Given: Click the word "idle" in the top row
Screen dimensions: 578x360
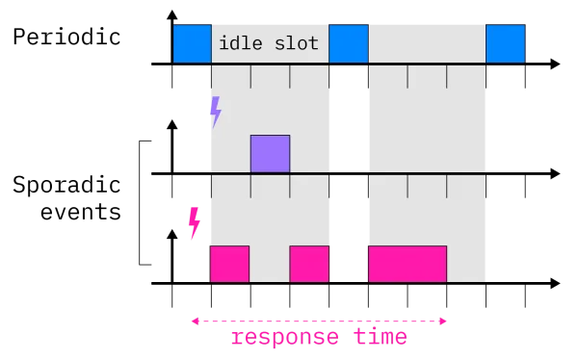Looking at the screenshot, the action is tap(238, 44).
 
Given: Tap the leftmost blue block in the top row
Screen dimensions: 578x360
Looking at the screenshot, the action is tap(192, 44).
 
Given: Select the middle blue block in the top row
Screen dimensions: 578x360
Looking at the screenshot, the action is tap(349, 44).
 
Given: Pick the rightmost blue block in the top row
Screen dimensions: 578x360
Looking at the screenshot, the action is tap(506, 44).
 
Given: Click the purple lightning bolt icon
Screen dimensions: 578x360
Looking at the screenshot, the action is tap(215, 112).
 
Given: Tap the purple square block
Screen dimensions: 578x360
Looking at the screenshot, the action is tap(270, 154).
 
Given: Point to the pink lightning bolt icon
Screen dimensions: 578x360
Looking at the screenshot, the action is tap(194, 221).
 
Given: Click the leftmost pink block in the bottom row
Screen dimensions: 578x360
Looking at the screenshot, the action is tap(229, 264).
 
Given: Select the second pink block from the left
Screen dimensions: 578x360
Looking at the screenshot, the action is tap(309, 264).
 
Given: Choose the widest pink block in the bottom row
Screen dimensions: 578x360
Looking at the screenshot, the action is tap(407, 264).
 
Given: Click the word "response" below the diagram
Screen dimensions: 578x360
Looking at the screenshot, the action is tap(285, 339).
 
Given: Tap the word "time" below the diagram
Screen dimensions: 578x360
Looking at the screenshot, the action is tap(381, 339).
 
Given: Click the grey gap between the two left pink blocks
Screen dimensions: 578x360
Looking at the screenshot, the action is tap(270, 264).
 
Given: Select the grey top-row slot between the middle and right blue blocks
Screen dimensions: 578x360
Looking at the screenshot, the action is tap(427, 44).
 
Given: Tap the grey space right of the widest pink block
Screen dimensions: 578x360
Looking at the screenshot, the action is tap(466, 264).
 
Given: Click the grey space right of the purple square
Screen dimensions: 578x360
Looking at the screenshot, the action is tap(310, 154).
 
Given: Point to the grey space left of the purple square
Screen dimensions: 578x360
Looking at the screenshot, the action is tap(229, 154).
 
